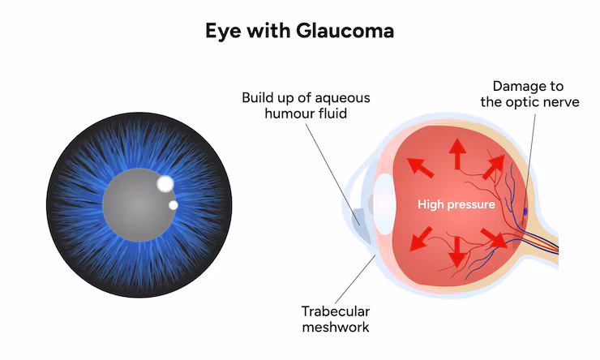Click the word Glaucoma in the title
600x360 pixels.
click(342, 32)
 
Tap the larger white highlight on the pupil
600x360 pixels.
click(165, 183)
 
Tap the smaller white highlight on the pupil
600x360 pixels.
click(173, 205)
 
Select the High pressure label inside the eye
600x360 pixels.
click(456, 204)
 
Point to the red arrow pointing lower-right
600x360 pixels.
click(491, 237)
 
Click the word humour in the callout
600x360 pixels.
click(285, 114)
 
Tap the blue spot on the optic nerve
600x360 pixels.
click(525, 212)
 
